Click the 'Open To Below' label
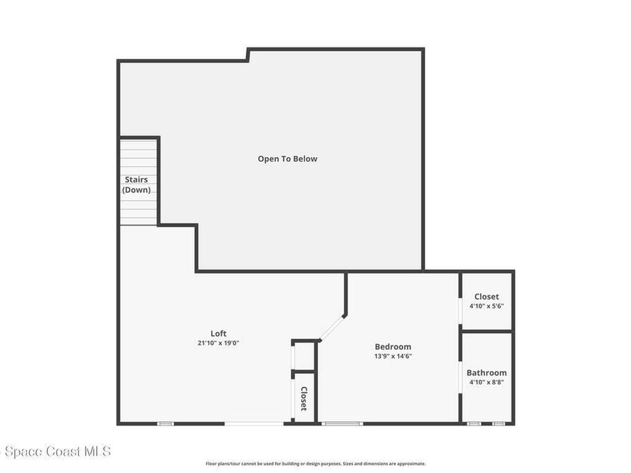point(287,159)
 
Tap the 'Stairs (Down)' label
point(136,185)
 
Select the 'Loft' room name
point(218,334)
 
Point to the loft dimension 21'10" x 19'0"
point(218,343)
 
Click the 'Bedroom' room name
point(393,347)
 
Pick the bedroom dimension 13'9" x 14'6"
point(393,356)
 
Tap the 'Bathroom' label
point(486,373)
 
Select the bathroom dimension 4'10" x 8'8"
point(486,382)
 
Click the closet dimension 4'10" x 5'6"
point(486,306)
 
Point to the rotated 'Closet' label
point(304,398)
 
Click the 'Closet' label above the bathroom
point(486,297)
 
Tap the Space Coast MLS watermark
point(55,452)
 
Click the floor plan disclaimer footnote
point(315,464)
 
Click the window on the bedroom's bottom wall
point(343,423)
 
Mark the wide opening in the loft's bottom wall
point(254,423)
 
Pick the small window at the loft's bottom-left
point(165,423)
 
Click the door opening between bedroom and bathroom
point(460,376)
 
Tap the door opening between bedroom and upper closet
point(460,311)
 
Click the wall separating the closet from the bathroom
point(487,331)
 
